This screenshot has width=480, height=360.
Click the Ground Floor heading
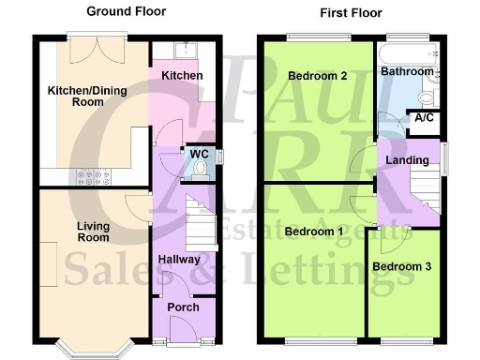pyautogui.click(x=127, y=11)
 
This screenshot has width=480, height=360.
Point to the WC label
pyautogui.click(x=198, y=154)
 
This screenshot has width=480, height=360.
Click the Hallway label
pyautogui.click(x=178, y=260)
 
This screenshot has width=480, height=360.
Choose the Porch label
pyautogui.click(x=183, y=307)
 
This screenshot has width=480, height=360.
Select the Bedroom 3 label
pyautogui.click(x=401, y=266)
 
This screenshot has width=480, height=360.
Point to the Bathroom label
pyautogui.click(x=407, y=71)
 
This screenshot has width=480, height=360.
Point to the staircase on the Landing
pyautogui.click(x=424, y=187)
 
